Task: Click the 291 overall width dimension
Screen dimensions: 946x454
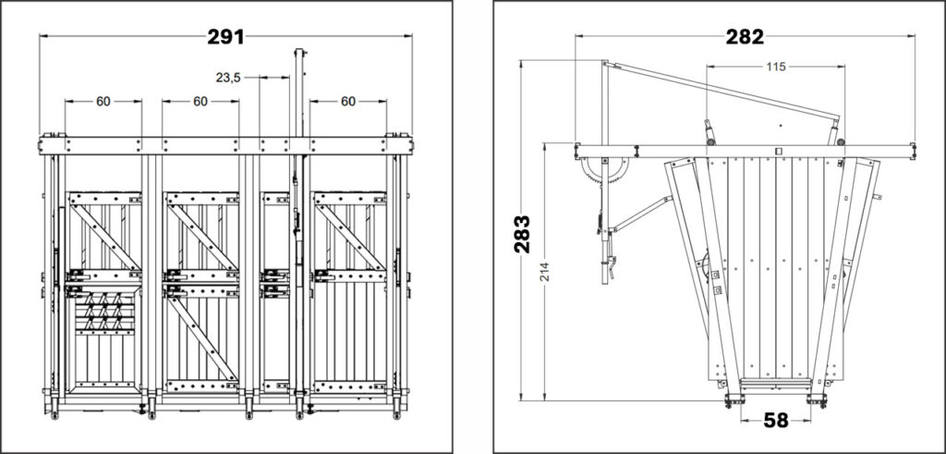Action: [x=225, y=37]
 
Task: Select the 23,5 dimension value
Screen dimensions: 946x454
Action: [x=229, y=78]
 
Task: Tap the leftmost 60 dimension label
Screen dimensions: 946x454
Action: [x=103, y=102]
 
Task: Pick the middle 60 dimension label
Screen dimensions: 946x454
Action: [x=200, y=102]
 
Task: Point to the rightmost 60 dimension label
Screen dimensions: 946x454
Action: [x=348, y=102]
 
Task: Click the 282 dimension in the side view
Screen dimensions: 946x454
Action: [x=745, y=37]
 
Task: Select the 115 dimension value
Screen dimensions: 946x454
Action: [x=776, y=67]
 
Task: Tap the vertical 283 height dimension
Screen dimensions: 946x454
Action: [x=522, y=233]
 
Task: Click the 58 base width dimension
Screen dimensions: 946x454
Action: [x=776, y=420]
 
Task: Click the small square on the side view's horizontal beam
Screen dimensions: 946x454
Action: [x=778, y=151]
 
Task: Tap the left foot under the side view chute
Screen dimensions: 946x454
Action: [x=734, y=401]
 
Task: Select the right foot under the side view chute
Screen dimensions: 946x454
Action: [x=817, y=401]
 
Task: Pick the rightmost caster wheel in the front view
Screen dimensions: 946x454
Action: [x=397, y=415]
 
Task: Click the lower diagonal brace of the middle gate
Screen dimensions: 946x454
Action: [x=201, y=338]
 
